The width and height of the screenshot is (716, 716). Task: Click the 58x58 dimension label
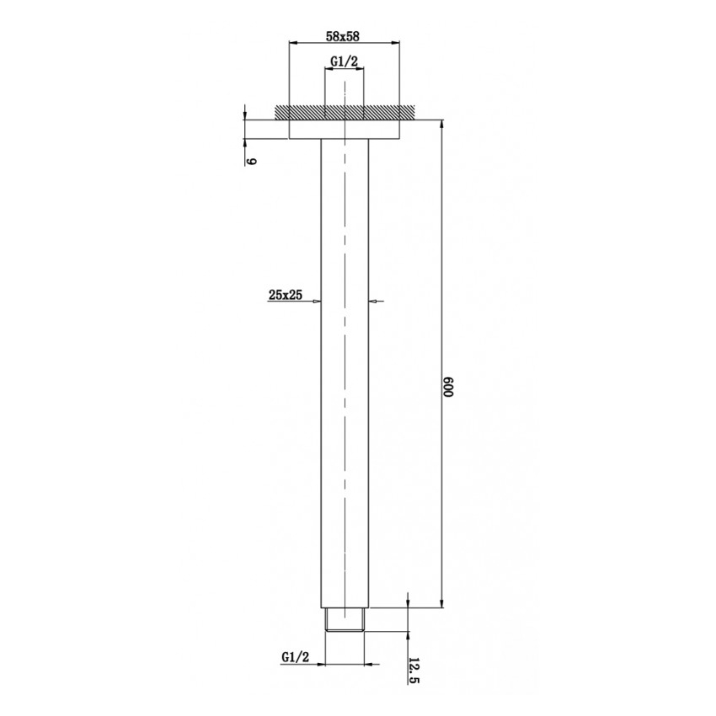point(343,36)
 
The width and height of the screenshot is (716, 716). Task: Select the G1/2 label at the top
point(344,61)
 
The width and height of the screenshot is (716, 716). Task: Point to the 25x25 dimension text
point(286,294)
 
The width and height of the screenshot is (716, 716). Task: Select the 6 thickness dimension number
point(251,160)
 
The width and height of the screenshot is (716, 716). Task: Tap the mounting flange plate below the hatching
point(344,130)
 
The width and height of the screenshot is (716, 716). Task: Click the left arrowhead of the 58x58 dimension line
point(294,42)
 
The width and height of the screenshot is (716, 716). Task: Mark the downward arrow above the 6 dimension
point(244,115)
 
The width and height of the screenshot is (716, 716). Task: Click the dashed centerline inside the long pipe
point(344,379)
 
